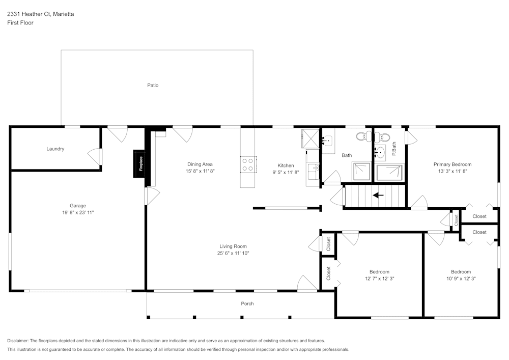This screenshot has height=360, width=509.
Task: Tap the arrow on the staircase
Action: (378, 195)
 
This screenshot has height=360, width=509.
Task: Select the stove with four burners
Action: (248, 164)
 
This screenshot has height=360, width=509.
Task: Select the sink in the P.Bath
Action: (380, 151)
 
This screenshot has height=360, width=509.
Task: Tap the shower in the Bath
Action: (362, 171)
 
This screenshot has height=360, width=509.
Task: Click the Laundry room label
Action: (55, 149)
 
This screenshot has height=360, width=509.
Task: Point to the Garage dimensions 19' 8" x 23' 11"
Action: (78, 212)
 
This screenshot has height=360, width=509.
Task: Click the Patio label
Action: (153, 85)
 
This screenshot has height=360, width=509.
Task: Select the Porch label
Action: (247, 303)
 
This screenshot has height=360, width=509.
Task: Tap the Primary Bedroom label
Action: (452, 164)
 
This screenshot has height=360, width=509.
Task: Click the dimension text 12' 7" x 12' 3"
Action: (379, 279)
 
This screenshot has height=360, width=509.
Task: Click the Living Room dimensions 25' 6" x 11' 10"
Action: (233, 253)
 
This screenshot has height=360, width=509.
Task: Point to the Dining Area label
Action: (200, 164)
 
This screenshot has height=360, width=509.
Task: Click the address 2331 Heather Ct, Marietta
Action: (40, 14)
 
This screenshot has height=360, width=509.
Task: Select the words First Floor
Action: (20, 23)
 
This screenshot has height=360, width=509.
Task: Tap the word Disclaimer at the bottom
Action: (18, 341)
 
